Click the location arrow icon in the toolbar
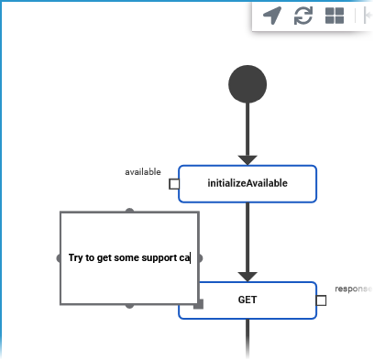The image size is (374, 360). [x=272, y=16]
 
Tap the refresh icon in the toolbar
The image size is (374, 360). [x=303, y=16]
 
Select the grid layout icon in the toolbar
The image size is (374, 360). [x=335, y=16]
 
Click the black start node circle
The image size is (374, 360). [x=247, y=85]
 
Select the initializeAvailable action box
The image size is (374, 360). [x=247, y=183]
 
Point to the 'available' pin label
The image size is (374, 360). [x=143, y=171]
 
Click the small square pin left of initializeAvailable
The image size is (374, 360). [x=173, y=183]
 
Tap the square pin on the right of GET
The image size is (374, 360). [x=321, y=300]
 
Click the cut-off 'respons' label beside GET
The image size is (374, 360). [x=352, y=289]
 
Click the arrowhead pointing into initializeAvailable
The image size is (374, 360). [x=247, y=159]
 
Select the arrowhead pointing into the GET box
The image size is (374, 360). [x=247, y=276]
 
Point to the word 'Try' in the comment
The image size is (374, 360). [x=76, y=258]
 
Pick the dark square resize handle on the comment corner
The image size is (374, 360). [x=198, y=303]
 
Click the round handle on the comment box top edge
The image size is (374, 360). [x=129, y=212]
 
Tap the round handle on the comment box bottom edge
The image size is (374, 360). [x=129, y=304]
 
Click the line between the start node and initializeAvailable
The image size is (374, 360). [x=247, y=128]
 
